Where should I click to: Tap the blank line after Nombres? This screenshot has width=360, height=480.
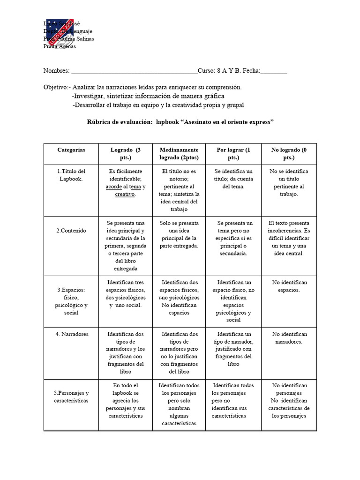[134, 71]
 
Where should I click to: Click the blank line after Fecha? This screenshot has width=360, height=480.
[273, 71]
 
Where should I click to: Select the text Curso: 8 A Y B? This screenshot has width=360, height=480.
[219, 71]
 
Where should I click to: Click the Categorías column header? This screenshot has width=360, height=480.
[71, 150]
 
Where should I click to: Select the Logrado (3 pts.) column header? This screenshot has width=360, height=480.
[125, 154]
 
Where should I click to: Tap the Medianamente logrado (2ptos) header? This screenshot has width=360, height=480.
[179, 154]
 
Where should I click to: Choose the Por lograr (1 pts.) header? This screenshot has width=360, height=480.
[233, 154]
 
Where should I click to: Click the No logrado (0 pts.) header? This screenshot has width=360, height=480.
[289, 154]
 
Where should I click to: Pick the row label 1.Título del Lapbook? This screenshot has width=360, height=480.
[71, 175]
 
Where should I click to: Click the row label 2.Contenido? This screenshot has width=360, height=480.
[71, 231]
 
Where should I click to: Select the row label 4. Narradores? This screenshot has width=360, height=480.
[71, 334]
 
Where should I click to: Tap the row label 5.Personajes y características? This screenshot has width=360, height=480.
[71, 397]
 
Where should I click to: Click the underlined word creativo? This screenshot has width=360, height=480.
[125, 194]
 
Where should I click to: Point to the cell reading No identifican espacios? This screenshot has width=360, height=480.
[289, 286]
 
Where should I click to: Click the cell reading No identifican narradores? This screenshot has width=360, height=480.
[289, 338]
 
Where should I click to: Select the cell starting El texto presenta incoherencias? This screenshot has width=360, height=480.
[289, 238]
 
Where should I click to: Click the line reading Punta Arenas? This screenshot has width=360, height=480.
[60, 46]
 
